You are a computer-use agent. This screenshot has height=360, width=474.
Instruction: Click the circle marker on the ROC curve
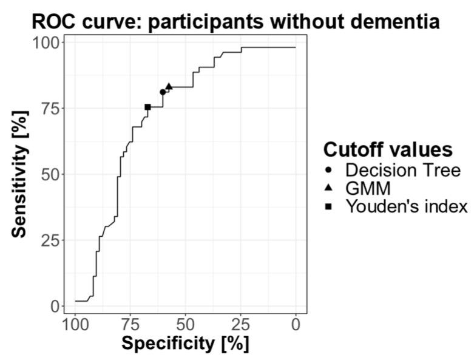(163, 92)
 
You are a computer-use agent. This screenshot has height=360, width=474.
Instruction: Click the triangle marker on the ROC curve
(169, 86)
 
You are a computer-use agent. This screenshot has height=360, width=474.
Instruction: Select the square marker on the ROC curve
(147, 107)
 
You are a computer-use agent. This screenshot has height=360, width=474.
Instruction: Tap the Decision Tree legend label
(402, 170)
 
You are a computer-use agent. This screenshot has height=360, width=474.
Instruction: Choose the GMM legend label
(368, 188)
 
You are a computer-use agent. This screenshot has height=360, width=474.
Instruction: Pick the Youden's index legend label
(407, 206)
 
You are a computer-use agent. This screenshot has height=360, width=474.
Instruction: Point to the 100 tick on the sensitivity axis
(45, 42)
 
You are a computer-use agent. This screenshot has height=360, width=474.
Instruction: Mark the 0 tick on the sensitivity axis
(55, 306)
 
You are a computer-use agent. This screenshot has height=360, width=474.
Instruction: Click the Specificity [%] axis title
(185, 343)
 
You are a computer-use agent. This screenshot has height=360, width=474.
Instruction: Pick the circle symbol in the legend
(328, 171)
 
